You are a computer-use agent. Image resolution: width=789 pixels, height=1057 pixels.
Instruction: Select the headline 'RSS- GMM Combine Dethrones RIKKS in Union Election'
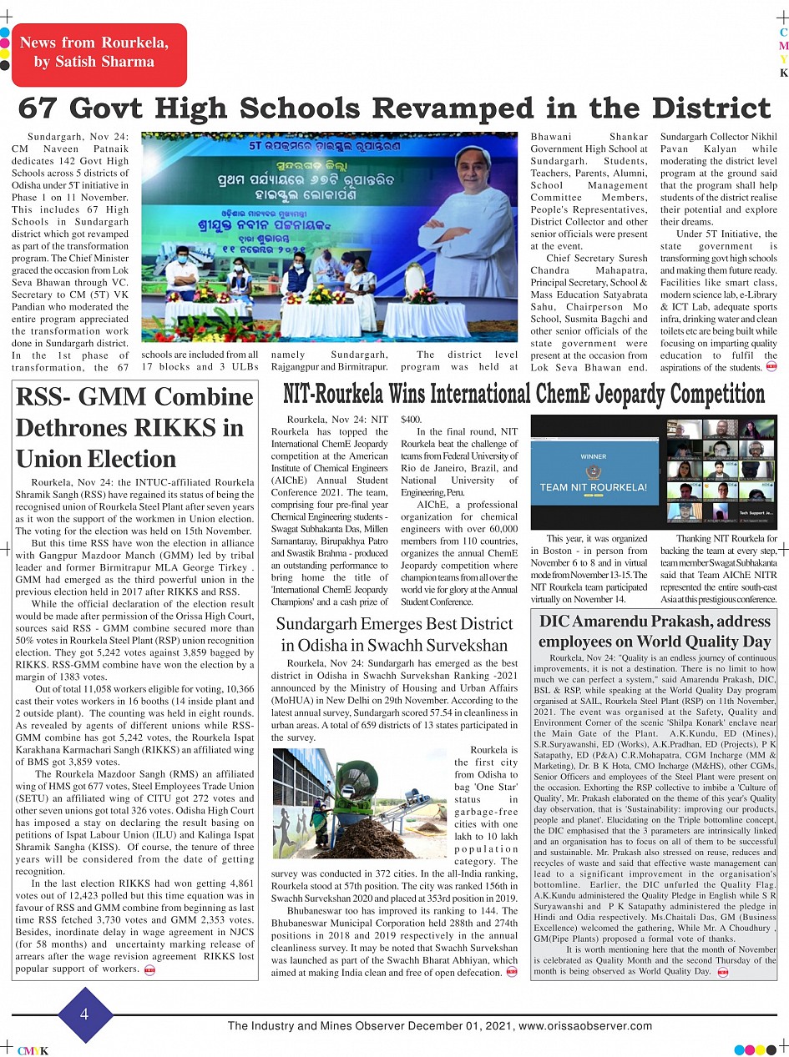(x=134, y=429)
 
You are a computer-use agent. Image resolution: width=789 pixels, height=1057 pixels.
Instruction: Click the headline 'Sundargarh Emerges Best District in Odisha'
(x=394, y=634)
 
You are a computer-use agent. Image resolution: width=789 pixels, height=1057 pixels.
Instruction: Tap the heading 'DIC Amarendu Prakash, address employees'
(x=654, y=632)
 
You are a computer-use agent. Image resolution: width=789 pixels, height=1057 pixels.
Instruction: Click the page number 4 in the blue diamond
(x=84, y=1014)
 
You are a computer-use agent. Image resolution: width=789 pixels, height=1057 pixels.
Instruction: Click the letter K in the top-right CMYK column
(x=783, y=73)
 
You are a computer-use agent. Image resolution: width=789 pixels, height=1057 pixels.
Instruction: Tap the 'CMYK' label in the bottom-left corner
(x=33, y=1050)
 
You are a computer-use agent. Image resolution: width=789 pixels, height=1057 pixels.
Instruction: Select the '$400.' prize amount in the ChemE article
(x=412, y=420)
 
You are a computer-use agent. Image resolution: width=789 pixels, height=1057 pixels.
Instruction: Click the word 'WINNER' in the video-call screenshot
(x=593, y=456)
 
